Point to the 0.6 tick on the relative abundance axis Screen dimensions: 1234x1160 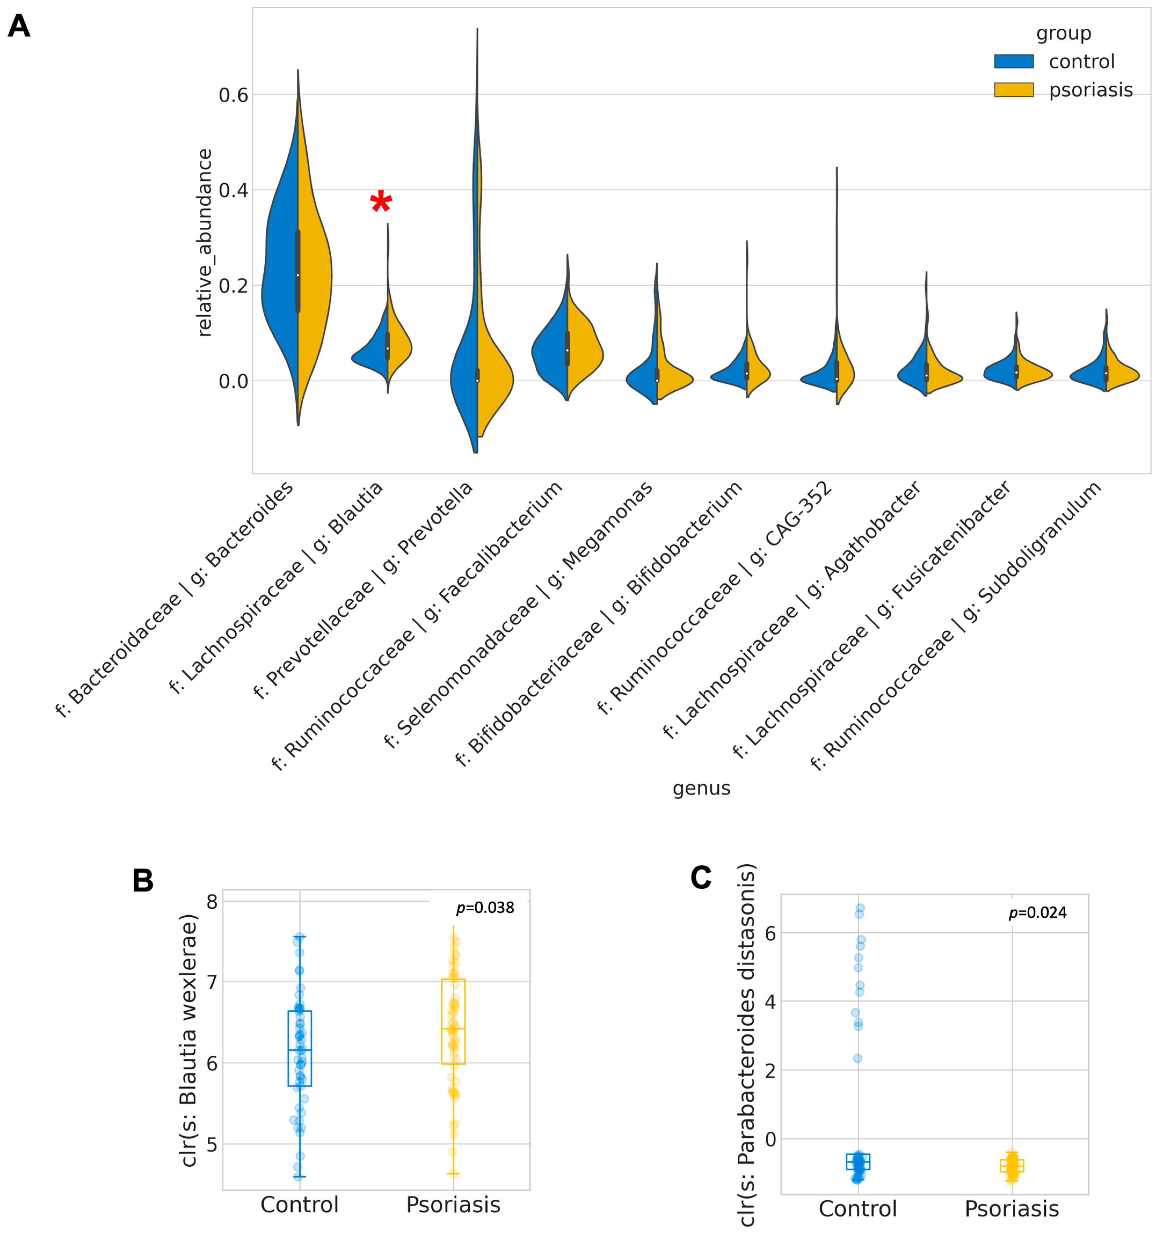point(233,95)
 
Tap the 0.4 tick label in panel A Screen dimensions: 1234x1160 point(233,190)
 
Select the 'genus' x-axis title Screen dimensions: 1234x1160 point(701,788)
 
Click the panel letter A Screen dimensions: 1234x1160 point(19,26)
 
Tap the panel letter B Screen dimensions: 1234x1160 point(143,880)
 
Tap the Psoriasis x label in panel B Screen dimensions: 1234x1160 point(453,1205)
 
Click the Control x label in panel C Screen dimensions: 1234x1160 point(858,1208)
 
